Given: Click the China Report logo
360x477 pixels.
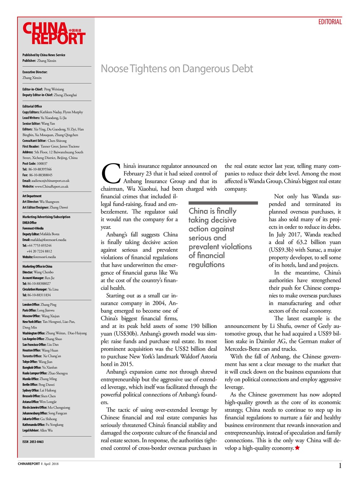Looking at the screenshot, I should click(x=54, y=34).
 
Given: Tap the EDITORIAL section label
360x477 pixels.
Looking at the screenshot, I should click(x=330, y=22).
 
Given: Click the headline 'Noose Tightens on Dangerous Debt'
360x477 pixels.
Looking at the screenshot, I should click(x=177, y=69).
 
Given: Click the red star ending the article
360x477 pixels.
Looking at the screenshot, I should click(x=297, y=448).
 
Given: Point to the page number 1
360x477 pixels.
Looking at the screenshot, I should click(x=340, y=465).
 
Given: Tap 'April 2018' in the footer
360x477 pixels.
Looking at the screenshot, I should click(x=51, y=464).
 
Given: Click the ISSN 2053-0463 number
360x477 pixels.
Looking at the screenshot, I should click(x=33, y=442).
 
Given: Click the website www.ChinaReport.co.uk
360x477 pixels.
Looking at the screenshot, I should click(x=51, y=186).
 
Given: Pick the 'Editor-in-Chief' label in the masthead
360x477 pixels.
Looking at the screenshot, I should click(x=32, y=89).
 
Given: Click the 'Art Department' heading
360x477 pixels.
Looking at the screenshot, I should click(x=32, y=196).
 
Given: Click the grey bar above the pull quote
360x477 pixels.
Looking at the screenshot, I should click(x=223, y=203).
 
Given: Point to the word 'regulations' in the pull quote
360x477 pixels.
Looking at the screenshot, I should click(x=206, y=265).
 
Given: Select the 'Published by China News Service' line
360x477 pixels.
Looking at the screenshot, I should click(x=44, y=55).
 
